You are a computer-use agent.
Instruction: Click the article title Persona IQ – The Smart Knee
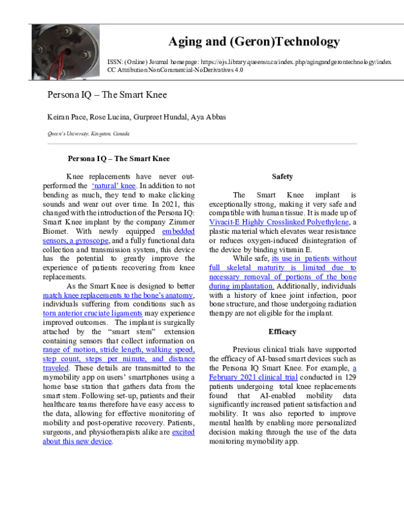tap(107, 94)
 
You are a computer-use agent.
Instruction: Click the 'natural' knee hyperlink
tap(114, 185)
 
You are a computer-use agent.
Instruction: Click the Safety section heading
tap(282, 177)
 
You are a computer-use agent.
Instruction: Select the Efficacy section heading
tap(282, 332)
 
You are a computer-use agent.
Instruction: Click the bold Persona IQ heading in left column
tap(119, 160)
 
